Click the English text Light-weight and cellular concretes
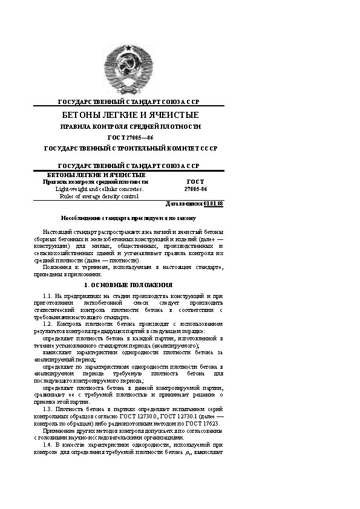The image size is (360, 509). coord(96,189)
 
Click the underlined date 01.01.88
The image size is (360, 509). coord(214,204)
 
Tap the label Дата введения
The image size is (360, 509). coord(188,204)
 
